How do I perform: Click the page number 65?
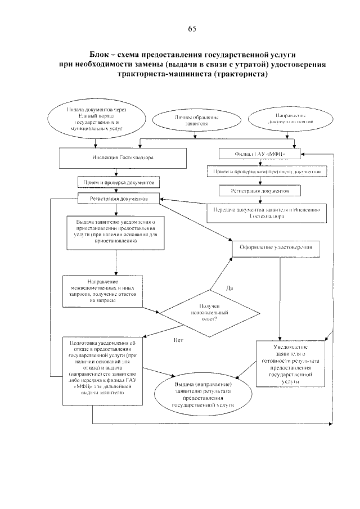click(x=192, y=29)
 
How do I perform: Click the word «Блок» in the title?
click(x=102, y=55)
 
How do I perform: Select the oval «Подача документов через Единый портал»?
click(x=94, y=118)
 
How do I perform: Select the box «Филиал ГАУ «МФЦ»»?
click(x=259, y=153)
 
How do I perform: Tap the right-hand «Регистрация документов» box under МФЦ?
click(x=259, y=191)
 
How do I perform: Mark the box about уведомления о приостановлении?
click(x=115, y=232)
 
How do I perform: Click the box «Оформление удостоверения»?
click(x=276, y=247)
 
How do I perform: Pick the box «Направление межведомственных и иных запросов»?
click(x=102, y=292)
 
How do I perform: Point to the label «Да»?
click(x=229, y=288)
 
